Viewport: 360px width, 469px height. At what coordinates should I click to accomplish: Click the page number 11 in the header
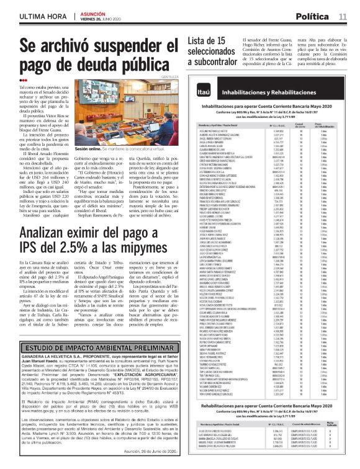pyautogui.click(x=343, y=16)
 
